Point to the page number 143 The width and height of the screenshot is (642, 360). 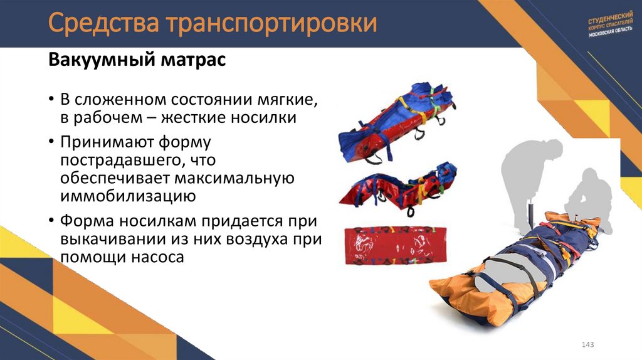click(x=587, y=345)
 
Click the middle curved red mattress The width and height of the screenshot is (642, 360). click(x=399, y=188)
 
